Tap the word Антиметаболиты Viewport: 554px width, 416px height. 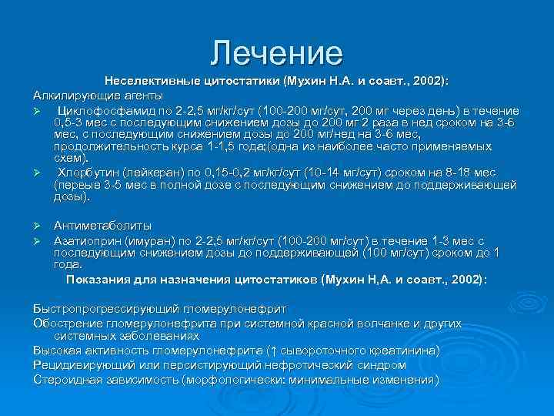coord(102,226)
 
